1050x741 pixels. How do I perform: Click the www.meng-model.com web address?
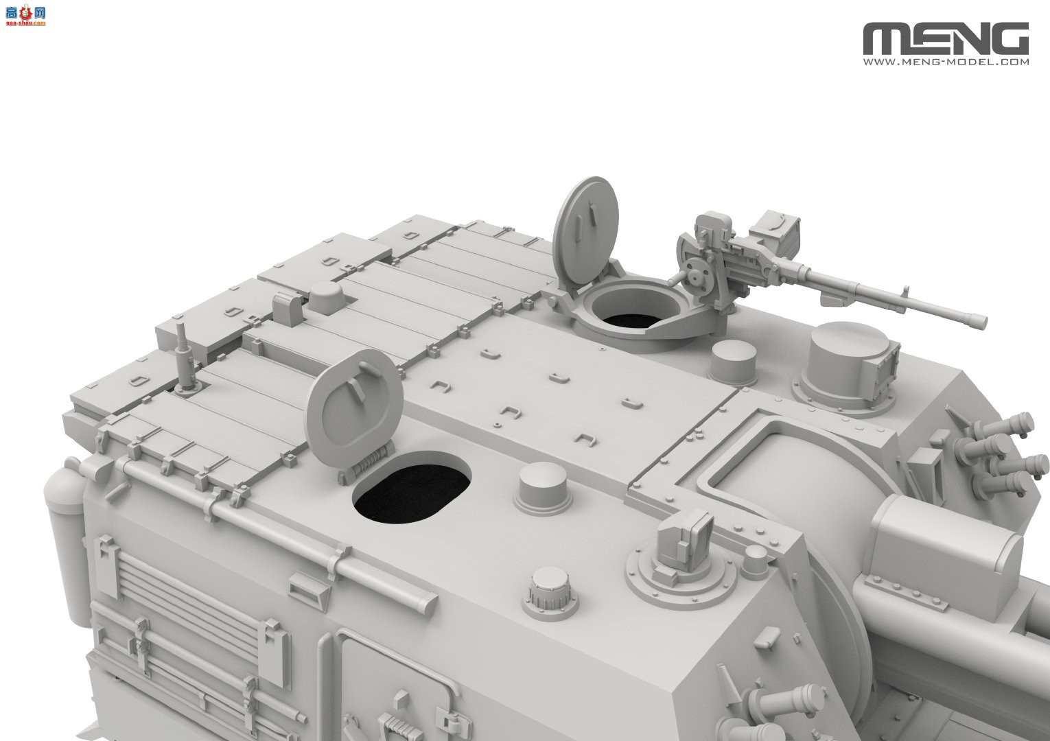(946, 62)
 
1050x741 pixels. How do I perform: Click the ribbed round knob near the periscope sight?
(548, 591)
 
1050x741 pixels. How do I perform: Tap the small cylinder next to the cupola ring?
(732, 360)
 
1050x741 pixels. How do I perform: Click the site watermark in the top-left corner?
(24, 14)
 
